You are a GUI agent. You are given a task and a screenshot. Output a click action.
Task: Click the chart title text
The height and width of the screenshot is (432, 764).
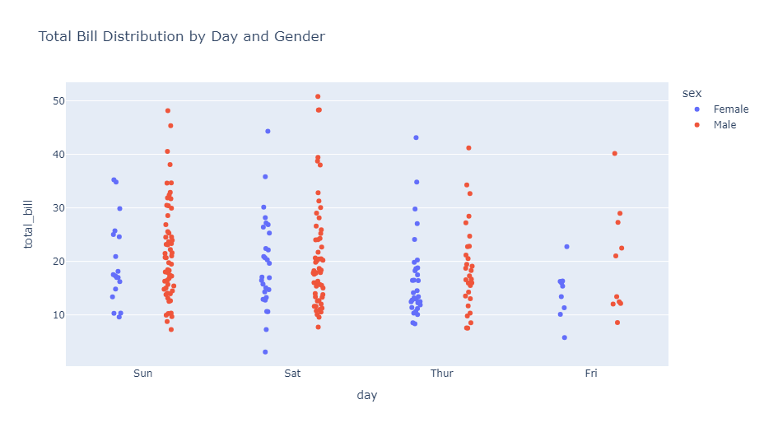tap(181, 36)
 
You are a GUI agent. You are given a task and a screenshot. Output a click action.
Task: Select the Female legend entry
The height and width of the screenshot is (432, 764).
tap(730, 109)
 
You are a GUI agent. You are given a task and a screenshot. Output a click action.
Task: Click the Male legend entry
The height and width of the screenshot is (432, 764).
tap(724, 125)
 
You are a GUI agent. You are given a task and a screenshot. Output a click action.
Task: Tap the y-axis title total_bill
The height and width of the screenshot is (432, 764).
tap(28, 224)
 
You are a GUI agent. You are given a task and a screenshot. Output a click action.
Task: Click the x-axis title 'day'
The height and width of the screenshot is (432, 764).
tap(367, 396)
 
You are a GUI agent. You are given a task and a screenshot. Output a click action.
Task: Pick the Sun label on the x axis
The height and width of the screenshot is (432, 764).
tap(143, 374)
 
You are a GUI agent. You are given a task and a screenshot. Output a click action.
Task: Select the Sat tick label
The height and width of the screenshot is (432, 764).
tap(292, 374)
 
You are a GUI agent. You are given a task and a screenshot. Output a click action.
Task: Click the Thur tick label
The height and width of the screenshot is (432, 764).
tap(441, 374)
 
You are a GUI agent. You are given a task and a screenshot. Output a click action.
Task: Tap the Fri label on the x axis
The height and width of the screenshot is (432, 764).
tap(591, 374)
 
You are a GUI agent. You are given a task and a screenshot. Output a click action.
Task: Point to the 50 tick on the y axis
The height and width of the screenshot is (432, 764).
tap(59, 101)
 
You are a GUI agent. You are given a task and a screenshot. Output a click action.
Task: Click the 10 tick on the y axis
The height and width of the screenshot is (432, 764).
tap(59, 315)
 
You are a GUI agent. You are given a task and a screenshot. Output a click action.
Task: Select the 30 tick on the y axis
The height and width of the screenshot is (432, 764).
tap(59, 208)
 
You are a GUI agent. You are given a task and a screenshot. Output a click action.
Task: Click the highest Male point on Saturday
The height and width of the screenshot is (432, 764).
tap(318, 96)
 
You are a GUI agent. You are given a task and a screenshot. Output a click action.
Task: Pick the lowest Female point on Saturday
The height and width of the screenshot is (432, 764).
tap(265, 352)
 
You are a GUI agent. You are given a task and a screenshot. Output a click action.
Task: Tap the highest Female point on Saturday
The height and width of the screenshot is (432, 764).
tap(268, 131)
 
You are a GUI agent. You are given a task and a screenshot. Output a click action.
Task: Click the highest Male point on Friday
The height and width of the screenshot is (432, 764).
tap(614, 153)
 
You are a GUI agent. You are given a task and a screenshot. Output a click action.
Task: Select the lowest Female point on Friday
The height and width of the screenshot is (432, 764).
tap(564, 337)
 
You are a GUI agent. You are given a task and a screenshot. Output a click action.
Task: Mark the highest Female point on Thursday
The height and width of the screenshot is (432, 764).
tap(416, 137)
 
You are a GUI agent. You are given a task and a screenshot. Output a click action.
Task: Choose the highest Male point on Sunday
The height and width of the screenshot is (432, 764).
tap(168, 110)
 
